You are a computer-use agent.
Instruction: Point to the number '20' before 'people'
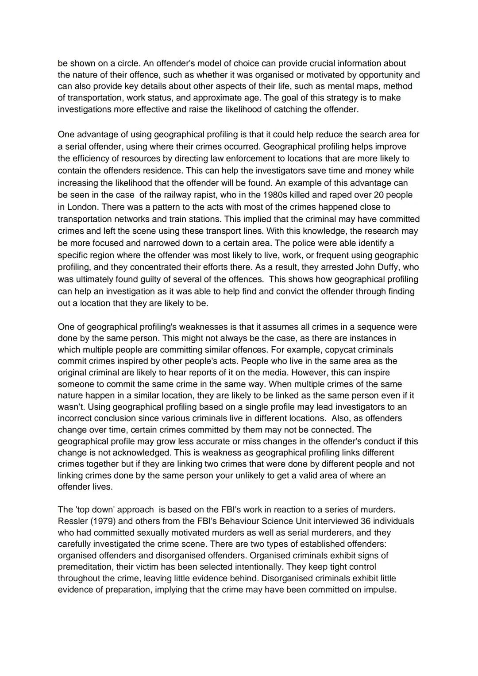379,195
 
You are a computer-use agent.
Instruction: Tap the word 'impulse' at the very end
380,590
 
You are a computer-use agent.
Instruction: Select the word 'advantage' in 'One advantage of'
94,135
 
